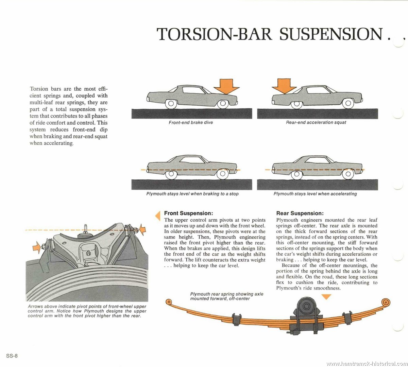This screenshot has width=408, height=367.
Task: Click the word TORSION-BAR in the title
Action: tap(215, 34)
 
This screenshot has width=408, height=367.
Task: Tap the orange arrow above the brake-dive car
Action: tap(226, 86)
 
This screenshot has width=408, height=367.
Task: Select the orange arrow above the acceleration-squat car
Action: tap(284, 86)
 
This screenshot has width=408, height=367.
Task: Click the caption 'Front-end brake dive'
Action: tap(191, 122)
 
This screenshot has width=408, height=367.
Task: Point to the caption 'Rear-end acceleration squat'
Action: tap(316, 122)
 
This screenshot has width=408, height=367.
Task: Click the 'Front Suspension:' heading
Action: tap(189, 213)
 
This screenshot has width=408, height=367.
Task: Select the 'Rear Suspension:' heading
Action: tap(300, 213)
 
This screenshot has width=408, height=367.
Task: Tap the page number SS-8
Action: tap(12, 355)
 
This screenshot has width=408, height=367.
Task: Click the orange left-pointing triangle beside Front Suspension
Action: tap(158, 215)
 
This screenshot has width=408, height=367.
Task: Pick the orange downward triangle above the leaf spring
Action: tap(326, 297)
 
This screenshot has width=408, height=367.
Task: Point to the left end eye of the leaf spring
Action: tap(169, 302)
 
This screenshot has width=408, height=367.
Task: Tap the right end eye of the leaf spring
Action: tap(386, 302)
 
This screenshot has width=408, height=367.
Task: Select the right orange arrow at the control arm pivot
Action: tap(142, 229)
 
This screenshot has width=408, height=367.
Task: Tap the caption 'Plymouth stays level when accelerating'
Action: tap(315, 194)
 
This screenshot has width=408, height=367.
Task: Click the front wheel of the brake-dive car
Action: tap(223, 104)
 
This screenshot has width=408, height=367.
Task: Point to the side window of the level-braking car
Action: tap(192, 160)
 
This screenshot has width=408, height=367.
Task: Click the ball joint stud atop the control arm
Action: tap(86, 229)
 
